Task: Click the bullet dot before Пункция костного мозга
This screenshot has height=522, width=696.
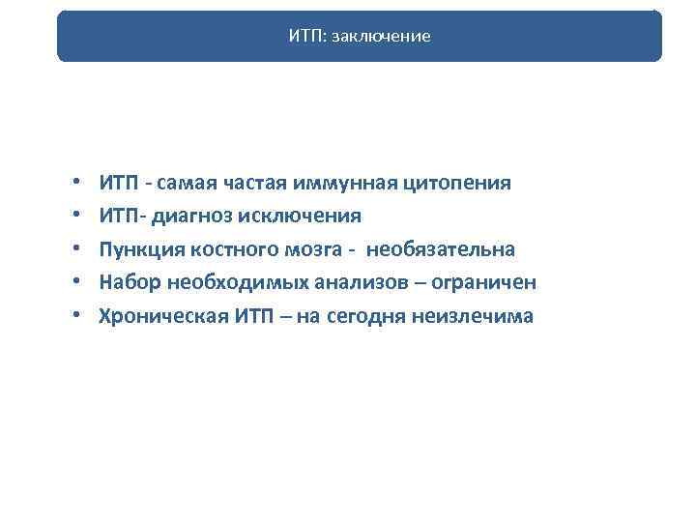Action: pos(75,249)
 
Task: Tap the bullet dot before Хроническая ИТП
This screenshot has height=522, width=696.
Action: pos(75,316)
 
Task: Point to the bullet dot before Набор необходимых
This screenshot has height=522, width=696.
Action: pos(75,283)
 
